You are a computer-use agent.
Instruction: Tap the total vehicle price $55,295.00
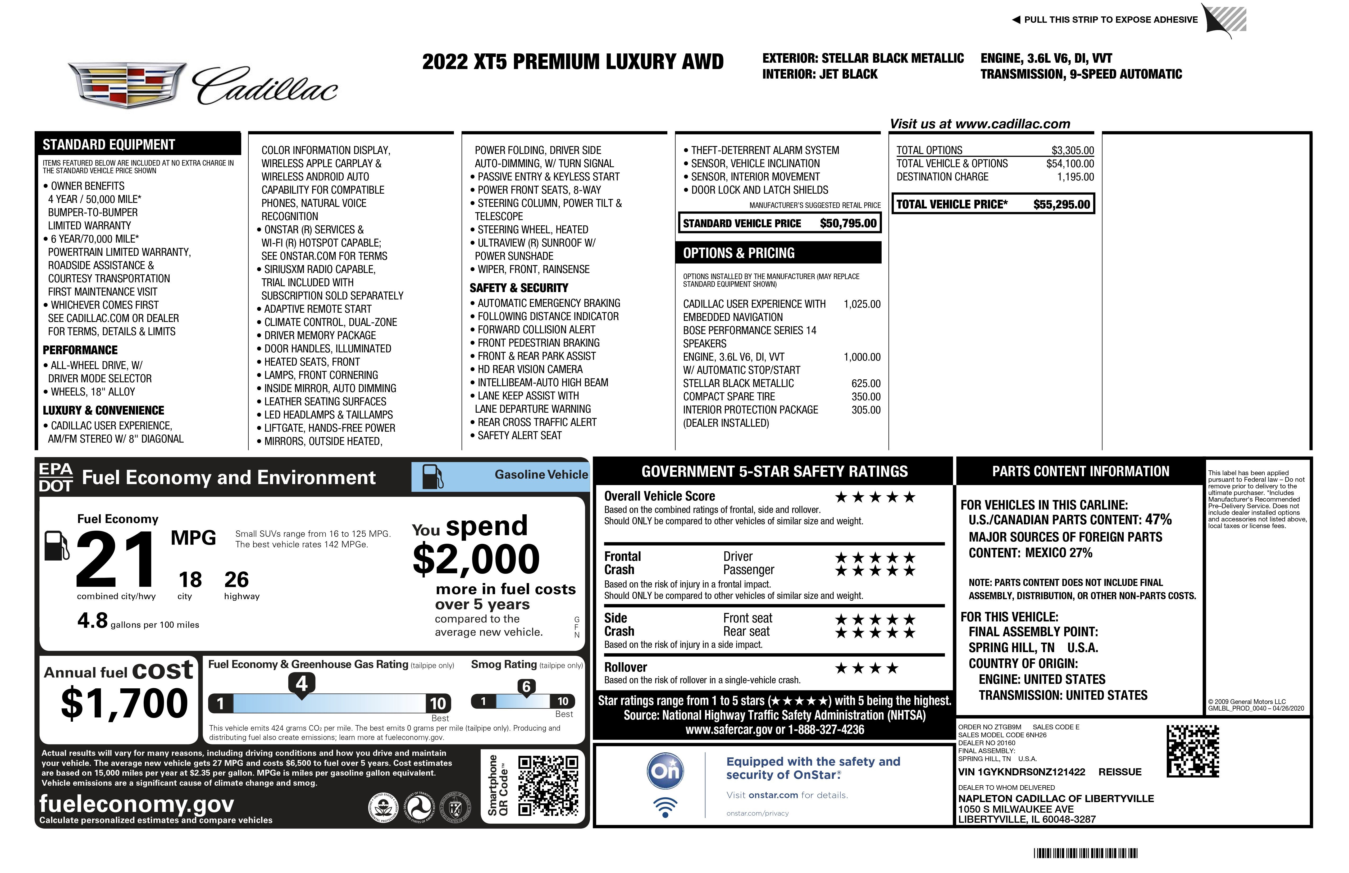pyautogui.click(x=1061, y=205)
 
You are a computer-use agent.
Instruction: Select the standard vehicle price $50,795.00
pyautogui.click(x=848, y=223)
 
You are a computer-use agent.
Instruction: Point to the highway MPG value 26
pyautogui.click(x=236, y=579)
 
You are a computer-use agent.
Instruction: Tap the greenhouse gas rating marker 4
pyautogui.click(x=302, y=684)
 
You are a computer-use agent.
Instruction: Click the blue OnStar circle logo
pyautogui.click(x=666, y=771)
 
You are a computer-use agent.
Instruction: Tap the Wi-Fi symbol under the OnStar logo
pyautogui.click(x=666, y=807)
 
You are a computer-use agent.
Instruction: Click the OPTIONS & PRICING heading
pyautogui.click(x=739, y=253)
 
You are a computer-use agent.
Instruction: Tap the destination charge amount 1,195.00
pyautogui.click(x=1075, y=177)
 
